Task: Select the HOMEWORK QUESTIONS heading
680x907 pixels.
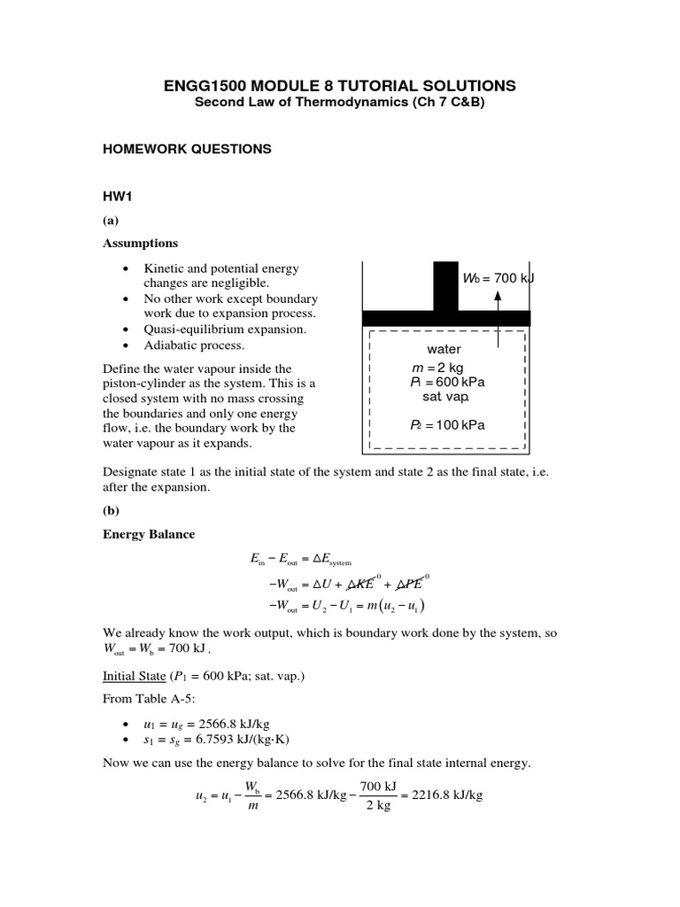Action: (x=187, y=150)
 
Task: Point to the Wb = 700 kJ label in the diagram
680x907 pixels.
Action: (x=498, y=279)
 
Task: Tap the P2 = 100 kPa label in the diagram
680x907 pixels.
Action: (x=447, y=424)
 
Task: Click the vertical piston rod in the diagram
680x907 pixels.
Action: (x=445, y=285)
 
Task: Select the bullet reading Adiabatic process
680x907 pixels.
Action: (x=194, y=345)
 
